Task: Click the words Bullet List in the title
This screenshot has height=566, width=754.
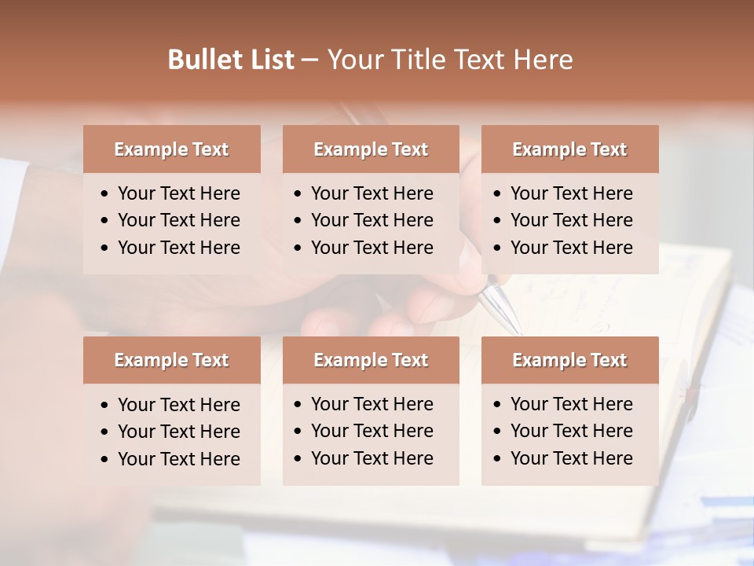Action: [x=230, y=60]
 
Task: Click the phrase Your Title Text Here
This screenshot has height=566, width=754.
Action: [x=449, y=60]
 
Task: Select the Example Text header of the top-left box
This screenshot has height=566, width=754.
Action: [x=171, y=149]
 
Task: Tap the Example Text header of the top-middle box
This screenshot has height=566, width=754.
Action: [x=371, y=149]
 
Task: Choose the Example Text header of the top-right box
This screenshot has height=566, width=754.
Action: [x=569, y=149]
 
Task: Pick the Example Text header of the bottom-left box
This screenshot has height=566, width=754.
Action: [x=171, y=360]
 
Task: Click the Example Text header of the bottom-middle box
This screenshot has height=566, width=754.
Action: [x=371, y=360]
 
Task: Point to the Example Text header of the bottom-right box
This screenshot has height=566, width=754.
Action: [x=569, y=360]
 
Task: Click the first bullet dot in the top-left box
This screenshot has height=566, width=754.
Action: [x=105, y=194]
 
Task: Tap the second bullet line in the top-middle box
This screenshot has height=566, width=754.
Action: [x=372, y=220]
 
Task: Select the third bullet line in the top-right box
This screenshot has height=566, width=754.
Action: [x=571, y=248]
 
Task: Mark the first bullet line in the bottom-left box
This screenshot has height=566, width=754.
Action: [x=178, y=405]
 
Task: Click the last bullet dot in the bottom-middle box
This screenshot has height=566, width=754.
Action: [x=298, y=459]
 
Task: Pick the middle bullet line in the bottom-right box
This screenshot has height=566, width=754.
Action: [x=571, y=431]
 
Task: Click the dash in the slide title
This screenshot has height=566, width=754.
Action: [x=309, y=60]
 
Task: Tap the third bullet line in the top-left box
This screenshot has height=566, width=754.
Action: [x=178, y=248]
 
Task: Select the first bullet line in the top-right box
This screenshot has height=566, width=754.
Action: [x=571, y=193]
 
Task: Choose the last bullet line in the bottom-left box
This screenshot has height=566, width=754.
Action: [x=178, y=459]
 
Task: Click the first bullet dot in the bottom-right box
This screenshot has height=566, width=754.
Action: [x=498, y=405]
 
